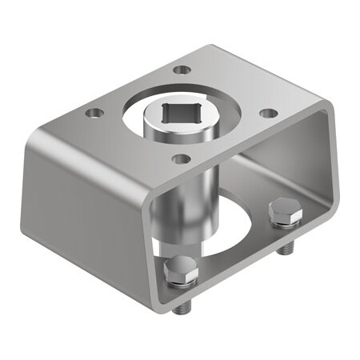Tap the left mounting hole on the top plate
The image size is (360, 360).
tap(95, 113)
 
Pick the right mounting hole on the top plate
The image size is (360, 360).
tap(269, 113)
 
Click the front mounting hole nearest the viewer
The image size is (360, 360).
tap(181, 159)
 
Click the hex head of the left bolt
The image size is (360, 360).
tap(181, 270)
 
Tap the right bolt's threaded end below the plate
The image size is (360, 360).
tap(284, 250)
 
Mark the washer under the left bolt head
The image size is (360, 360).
tap(182, 282)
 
